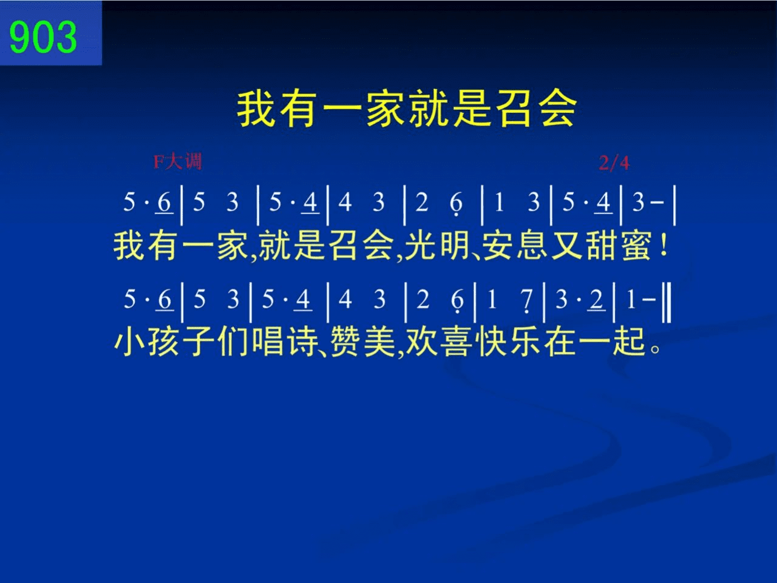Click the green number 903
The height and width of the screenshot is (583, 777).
tap(43, 37)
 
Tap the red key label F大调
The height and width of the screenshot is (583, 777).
tap(178, 161)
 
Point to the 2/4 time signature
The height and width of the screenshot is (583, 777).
tap(614, 163)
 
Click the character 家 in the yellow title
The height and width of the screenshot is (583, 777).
tap(385, 108)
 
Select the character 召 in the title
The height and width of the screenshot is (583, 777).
tap(515, 108)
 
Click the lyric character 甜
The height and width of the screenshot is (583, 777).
tap(601, 245)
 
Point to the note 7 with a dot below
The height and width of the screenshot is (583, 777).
tap(527, 301)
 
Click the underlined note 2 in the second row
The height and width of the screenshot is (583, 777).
tap(596, 300)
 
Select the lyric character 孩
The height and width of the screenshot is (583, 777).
tap(163, 342)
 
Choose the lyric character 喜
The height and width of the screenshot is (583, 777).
tap(457, 342)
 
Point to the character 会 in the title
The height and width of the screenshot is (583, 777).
tap(558, 108)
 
